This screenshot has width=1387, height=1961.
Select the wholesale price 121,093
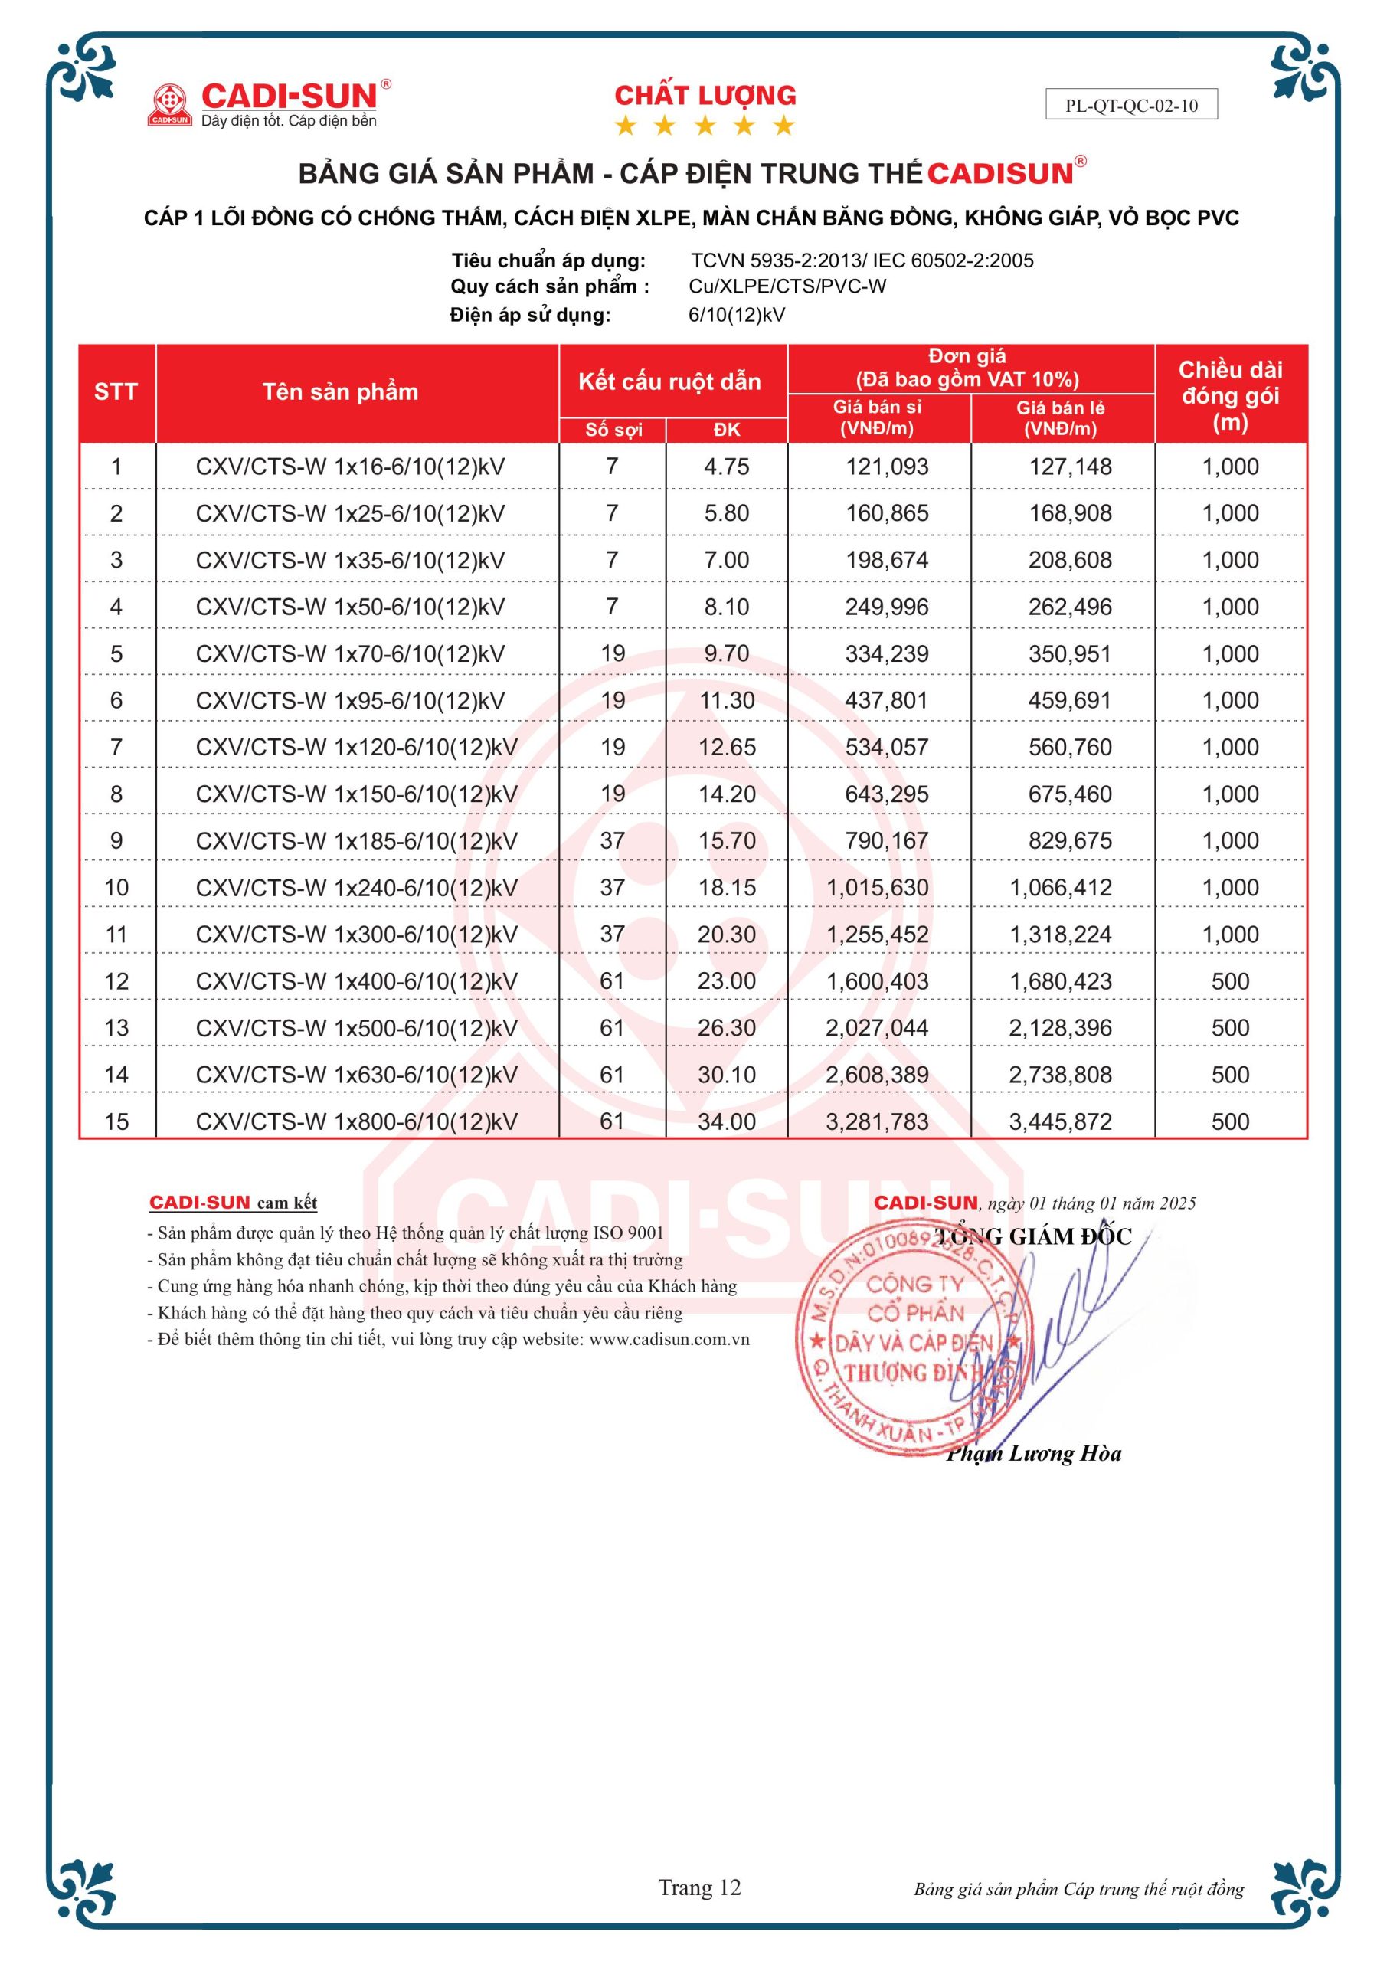tap(887, 467)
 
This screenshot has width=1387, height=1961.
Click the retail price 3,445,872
tap(1060, 1121)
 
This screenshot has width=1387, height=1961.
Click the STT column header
tap(116, 392)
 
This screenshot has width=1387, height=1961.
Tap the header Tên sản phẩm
tap(340, 392)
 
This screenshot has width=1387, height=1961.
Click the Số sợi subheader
tap(613, 430)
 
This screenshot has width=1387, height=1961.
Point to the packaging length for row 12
tap(1230, 981)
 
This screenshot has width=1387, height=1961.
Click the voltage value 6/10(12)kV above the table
tap(736, 315)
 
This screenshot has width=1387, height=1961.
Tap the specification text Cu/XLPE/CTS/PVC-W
tap(787, 287)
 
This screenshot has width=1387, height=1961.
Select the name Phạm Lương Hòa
tap(1033, 1454)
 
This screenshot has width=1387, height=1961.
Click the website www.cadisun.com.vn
tap(669, 1339)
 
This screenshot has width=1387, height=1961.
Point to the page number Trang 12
tap(699, 1887)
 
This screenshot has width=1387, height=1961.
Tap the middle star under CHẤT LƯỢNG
tap(705, 126)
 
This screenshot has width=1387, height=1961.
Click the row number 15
tap(116, 1121)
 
